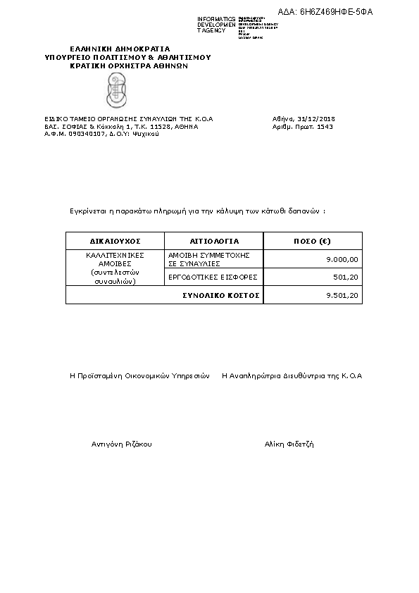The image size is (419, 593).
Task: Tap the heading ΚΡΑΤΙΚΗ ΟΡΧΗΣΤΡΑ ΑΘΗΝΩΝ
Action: point(129,65)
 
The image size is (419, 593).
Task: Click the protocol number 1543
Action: point(325,127)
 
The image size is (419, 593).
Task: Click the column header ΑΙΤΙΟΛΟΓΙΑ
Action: point(214,241)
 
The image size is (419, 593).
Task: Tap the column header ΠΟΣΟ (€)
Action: point(312,241)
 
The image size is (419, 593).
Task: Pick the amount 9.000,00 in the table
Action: point(343,260)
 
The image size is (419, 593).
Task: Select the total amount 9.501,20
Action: point(343,296)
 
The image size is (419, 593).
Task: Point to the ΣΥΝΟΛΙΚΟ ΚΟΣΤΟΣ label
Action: point(220,296)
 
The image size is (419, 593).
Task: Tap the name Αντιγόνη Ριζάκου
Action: point(122,444)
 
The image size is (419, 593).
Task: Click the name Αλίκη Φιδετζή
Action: point(289,444)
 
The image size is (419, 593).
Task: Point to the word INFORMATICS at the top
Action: point(216,18)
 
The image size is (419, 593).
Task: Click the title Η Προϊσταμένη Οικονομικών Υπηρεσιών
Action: point(139,376)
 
